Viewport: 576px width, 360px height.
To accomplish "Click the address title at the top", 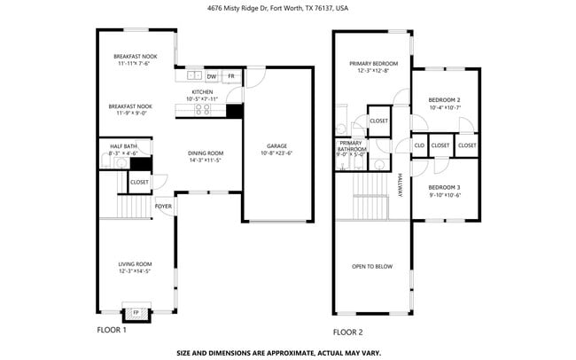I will [278, 8].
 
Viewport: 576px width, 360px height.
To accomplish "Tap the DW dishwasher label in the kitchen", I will [211, 77].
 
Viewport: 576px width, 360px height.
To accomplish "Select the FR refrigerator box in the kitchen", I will [231, 77].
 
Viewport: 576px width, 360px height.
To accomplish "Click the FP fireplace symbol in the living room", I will [136, 313].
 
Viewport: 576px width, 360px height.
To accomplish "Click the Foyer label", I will [163, 207].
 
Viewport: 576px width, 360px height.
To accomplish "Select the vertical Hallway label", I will [400, 184].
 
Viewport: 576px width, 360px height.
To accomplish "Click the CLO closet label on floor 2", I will [418, 145].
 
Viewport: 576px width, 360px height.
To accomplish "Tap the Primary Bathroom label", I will [351, 146].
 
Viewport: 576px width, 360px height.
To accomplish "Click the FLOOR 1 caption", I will [112, 330].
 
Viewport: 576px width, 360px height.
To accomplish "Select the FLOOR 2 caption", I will [347, 333].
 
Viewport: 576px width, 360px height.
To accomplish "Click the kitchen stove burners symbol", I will [203, 109].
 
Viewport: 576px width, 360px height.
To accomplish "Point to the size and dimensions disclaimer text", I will [278, 352].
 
